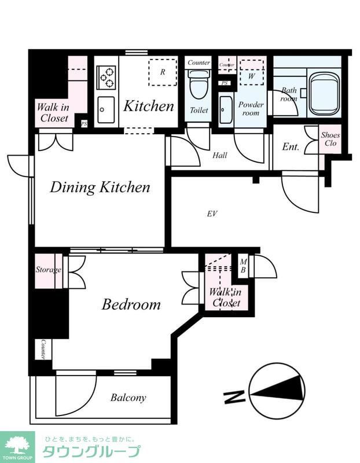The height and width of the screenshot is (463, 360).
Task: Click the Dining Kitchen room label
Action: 100,188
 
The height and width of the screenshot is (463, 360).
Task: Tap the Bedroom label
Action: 131,304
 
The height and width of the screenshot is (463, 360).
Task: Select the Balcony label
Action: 128,398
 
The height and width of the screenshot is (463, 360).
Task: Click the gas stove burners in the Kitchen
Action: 106,78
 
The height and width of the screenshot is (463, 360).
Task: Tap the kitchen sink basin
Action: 106,110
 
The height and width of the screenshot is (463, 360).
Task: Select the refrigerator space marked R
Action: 163,72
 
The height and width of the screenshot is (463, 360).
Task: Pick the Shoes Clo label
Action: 330,139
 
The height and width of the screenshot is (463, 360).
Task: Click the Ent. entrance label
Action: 291,146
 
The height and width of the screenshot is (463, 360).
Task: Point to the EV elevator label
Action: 212,214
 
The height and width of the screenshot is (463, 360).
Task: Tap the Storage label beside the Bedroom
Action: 49,270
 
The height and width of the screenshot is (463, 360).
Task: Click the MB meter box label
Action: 243,266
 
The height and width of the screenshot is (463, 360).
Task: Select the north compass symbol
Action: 277,391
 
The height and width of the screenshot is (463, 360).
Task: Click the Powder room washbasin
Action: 226,109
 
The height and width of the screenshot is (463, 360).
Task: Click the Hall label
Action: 220,155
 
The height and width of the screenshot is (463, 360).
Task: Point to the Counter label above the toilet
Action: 199,63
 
